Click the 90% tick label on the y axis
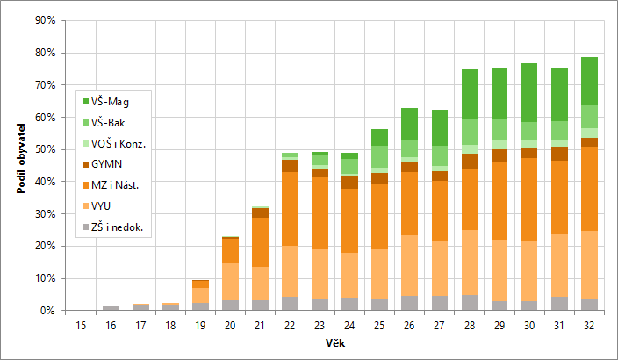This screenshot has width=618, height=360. click(45, 20)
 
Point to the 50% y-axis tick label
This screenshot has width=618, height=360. click(45, 149)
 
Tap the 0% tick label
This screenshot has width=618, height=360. click(47, 311)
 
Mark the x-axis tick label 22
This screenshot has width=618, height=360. click(291, 324)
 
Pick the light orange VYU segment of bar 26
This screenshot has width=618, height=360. click(409, 265)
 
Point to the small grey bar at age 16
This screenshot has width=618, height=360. click(111, 307)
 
